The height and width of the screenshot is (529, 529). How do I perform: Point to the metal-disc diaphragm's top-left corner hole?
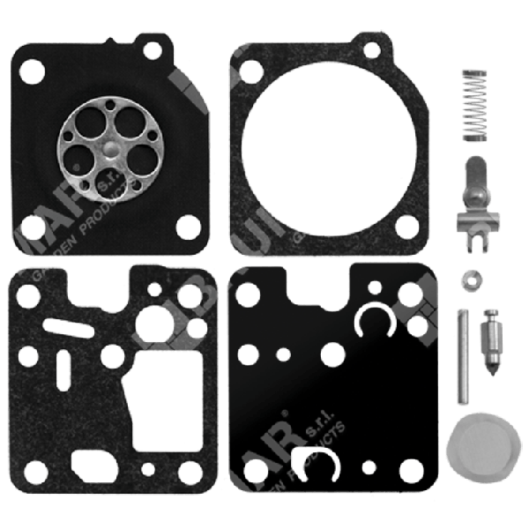(x=29, y=67)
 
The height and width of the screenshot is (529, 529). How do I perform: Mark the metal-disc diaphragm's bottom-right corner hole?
(x=188, y=225)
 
